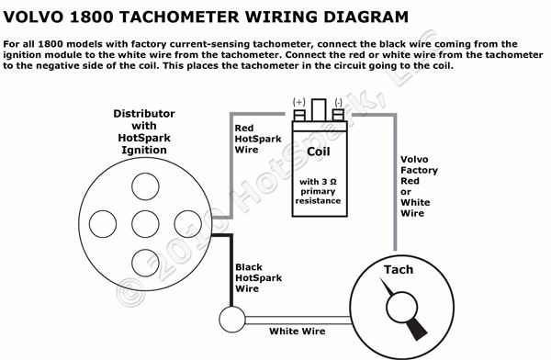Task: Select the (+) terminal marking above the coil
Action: tap(298, 100)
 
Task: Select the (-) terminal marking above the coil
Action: tap(337, 100)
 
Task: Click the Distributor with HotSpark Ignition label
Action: tap(142, 131)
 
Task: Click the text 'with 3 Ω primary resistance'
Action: tap(318, 190)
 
